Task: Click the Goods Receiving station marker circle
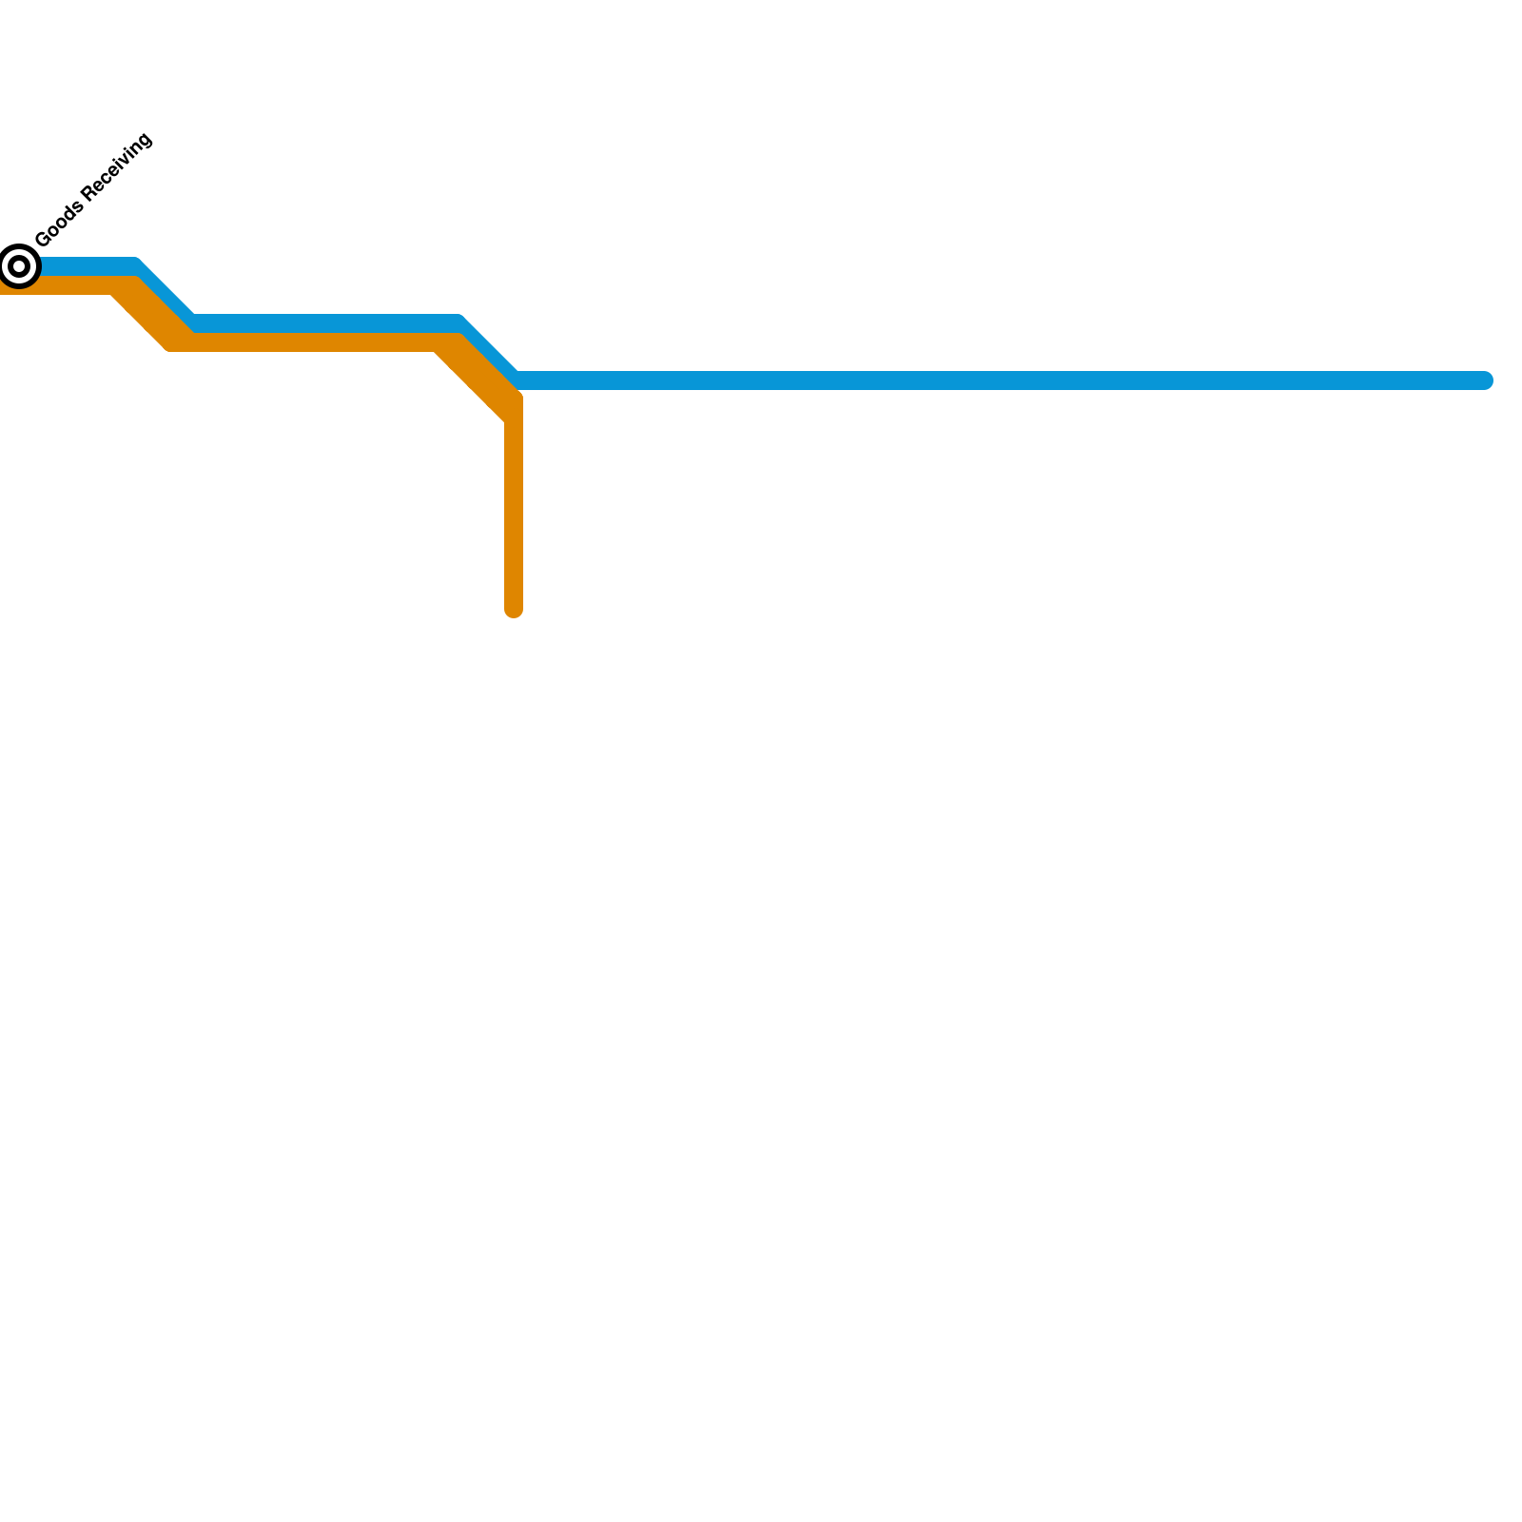pyautogui.click(x=19, y=266)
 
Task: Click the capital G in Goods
pyautogui.click(x=43, y=238)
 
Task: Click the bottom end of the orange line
pyautogui.click(x=514, y=610)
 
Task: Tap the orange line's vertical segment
pyautogui.click(x=514, y=514)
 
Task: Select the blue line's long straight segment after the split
pyautogui.click(x=999, y=380)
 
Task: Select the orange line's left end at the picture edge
pyautogui.click(x=3, y=286)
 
